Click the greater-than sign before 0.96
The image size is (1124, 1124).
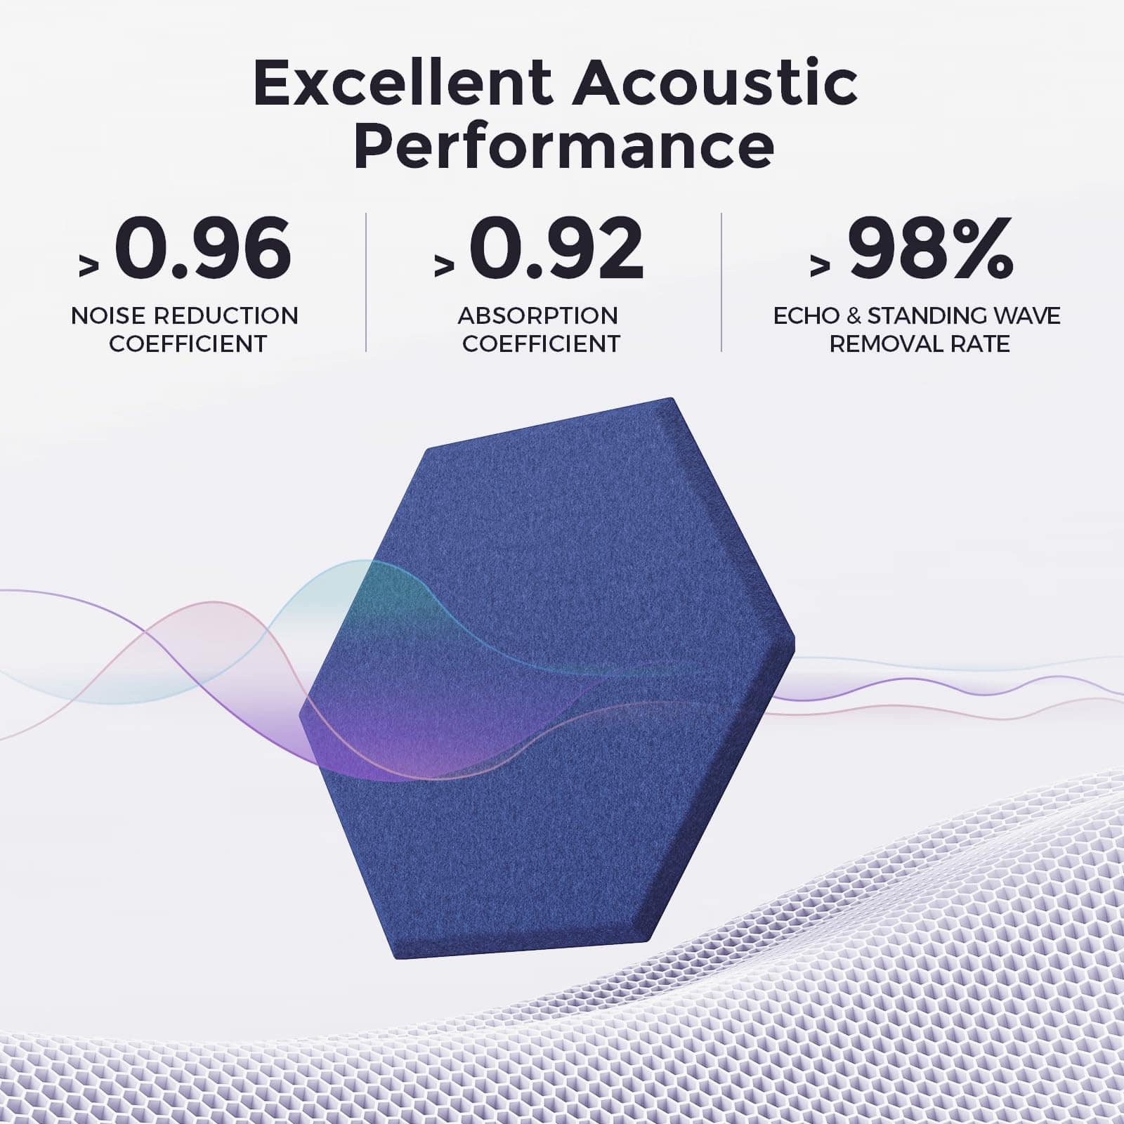(89, 266)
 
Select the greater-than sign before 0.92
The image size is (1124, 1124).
(444, 266)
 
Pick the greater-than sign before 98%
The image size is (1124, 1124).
(820, 266)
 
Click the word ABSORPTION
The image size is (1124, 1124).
(538, 316)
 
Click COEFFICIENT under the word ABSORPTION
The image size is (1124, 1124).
(542, 344)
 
